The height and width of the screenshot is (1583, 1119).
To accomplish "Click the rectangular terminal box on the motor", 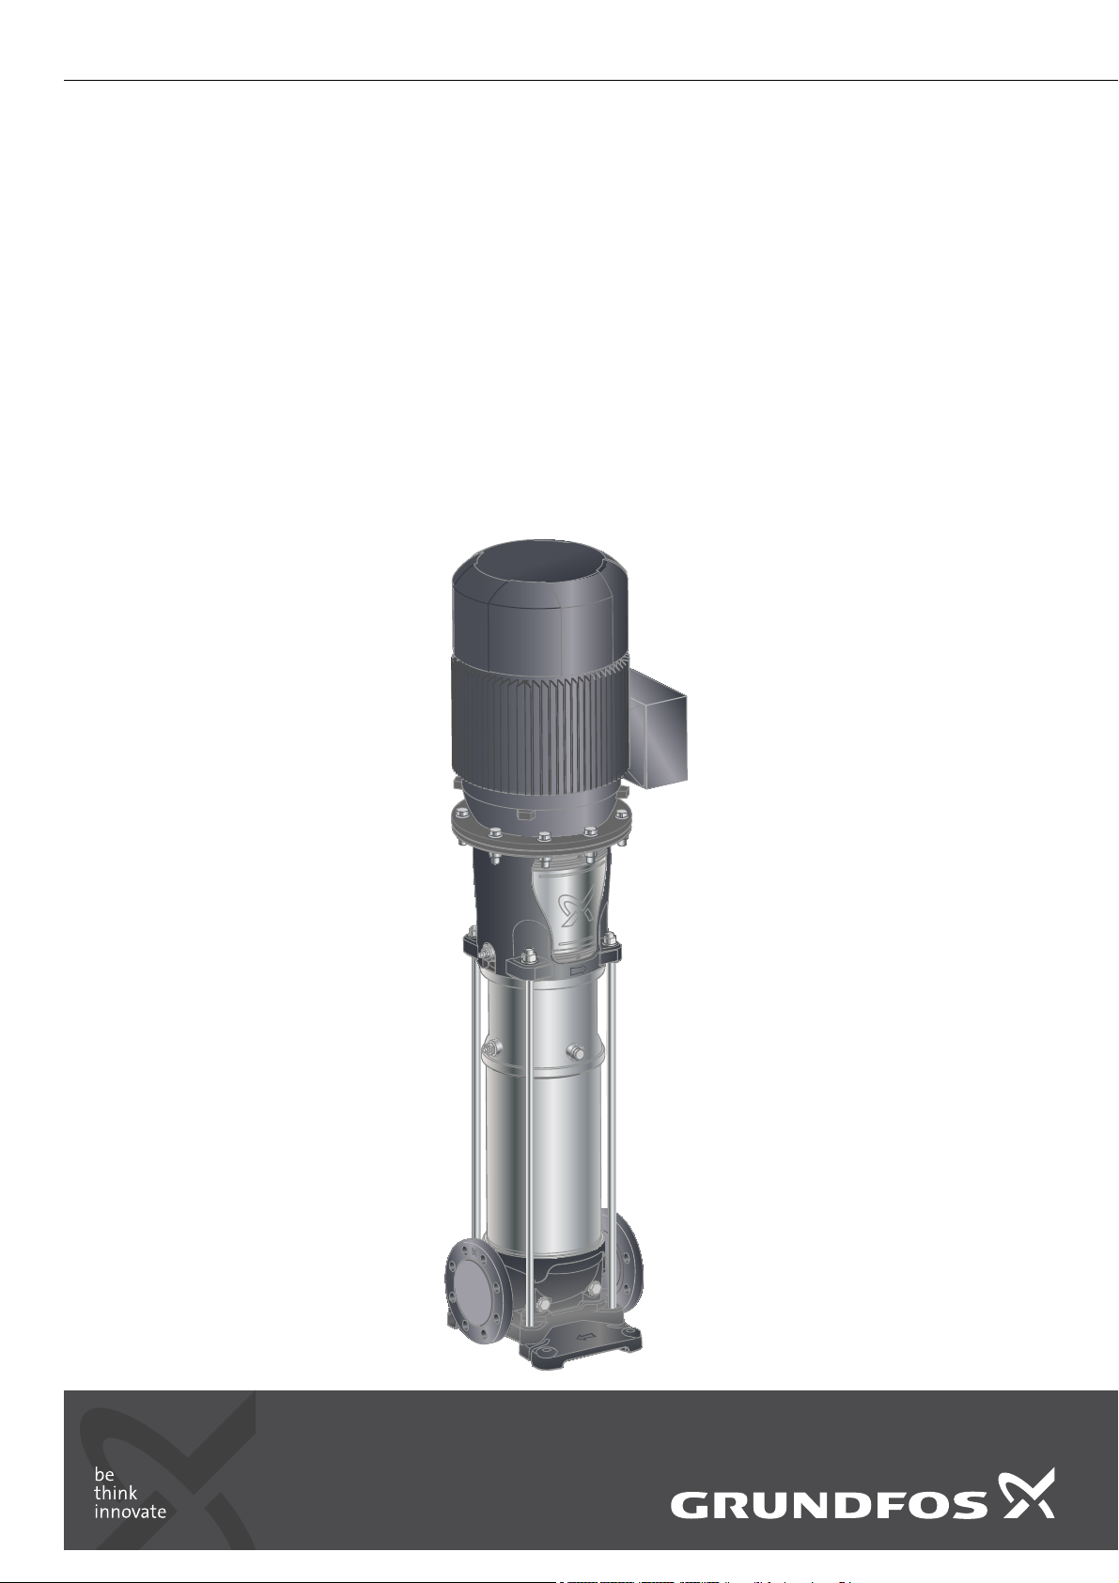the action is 657,728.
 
